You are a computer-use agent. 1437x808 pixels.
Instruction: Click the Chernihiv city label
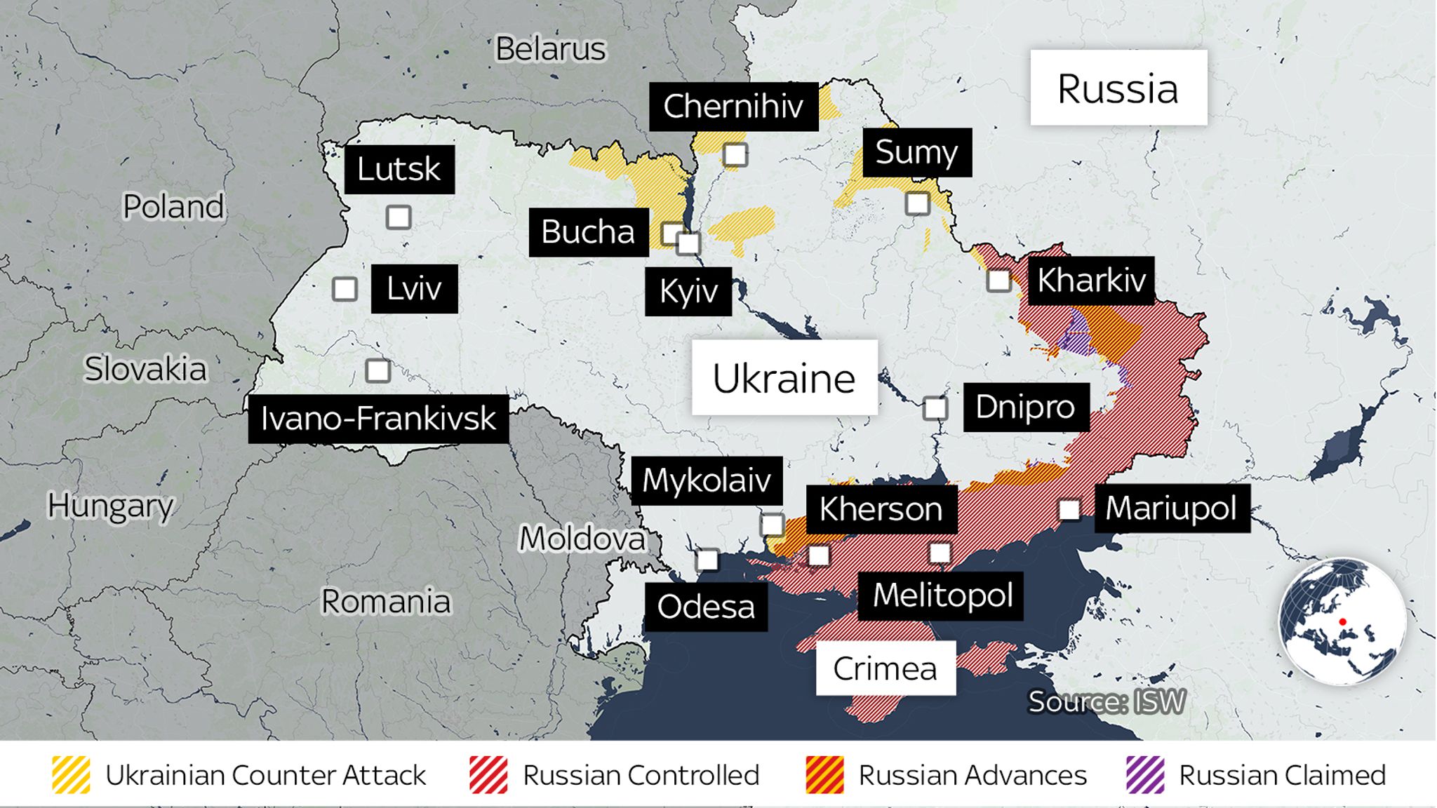(x=733, y=107)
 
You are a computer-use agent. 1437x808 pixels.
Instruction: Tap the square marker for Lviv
(x=345, y=289)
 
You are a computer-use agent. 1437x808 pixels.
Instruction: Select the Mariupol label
(x=1170, y=509)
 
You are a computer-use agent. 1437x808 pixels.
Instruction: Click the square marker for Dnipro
(x=935, y=408)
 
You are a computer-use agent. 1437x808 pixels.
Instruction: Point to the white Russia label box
(x=1118, y=88)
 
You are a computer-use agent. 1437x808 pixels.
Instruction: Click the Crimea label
(x=885, y=668)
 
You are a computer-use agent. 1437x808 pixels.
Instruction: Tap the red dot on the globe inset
(x=1342, y=622)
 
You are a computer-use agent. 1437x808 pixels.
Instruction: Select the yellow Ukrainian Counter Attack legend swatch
(x=71, y=775)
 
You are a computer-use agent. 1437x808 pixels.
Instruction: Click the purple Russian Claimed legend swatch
(x=1145, y=775)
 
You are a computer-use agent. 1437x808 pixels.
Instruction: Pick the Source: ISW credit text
(x=1107, y=701)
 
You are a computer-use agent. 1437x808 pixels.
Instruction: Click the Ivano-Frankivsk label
(x=378, y=419)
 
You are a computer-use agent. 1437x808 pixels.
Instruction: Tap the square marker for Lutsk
(x=399, y=217)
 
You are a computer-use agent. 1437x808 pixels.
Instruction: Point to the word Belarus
(x=550, y=49)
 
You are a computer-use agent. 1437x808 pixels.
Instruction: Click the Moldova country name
(x=582, y=539)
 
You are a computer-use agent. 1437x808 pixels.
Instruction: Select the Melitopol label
(x=942, y=595)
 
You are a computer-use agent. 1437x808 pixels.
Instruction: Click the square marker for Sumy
(x=917, y=203)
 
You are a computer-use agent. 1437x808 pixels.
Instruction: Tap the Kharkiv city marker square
(x=998, y=281)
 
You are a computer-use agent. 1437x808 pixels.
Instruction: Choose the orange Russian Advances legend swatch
(x=824, y=775)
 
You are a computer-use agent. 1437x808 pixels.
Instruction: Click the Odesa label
(x=705, y=607)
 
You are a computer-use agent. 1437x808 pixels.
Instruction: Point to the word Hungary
(x=110, y=506)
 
